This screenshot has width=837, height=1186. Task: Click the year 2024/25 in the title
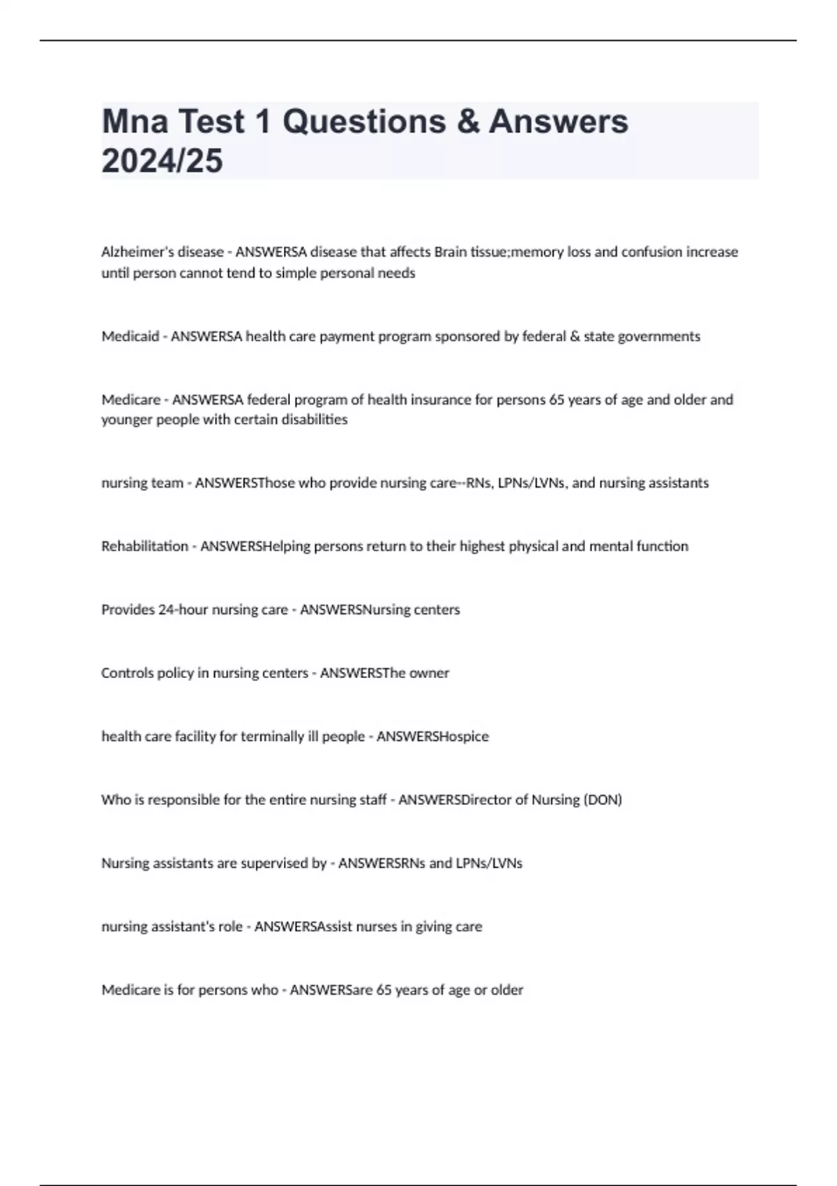coord(162,160)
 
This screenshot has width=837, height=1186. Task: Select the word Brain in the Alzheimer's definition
coord(450,252)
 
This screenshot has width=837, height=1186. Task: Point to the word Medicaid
coord(130,336)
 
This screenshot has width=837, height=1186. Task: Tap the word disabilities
coord(314,419)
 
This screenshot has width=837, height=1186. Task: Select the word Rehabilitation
coord(144,546)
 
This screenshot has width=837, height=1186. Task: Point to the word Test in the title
coord(212,121)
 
